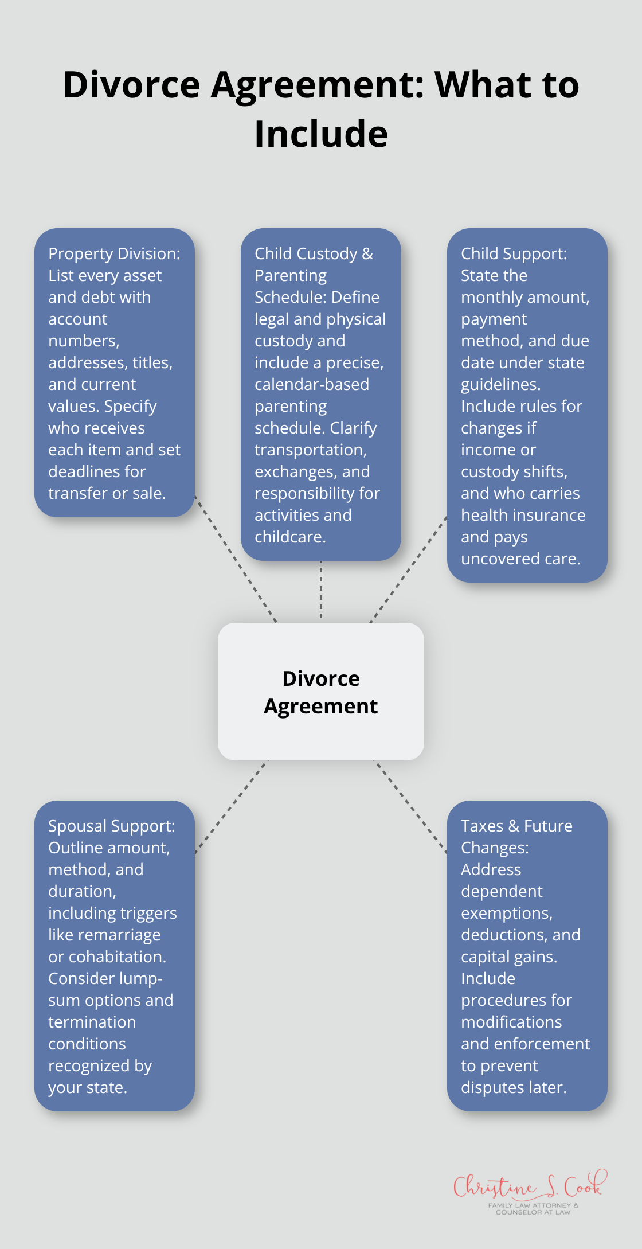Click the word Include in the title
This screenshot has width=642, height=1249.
point(321,134)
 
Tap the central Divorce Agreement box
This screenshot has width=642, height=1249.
point(321,692)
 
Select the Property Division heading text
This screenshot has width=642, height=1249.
point(114,253)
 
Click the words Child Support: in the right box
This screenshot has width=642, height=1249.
point(514,253)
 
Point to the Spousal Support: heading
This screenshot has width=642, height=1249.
point(112,826)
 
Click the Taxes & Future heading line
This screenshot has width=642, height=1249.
point(516,826)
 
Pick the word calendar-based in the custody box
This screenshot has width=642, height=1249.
point(312,384)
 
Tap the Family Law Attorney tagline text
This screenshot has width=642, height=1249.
point(533,1208)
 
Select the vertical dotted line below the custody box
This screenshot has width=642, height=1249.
point(321,591)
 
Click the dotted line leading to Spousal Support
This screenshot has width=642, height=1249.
point(230,807)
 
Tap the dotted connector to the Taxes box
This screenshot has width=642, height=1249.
point(411,807)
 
